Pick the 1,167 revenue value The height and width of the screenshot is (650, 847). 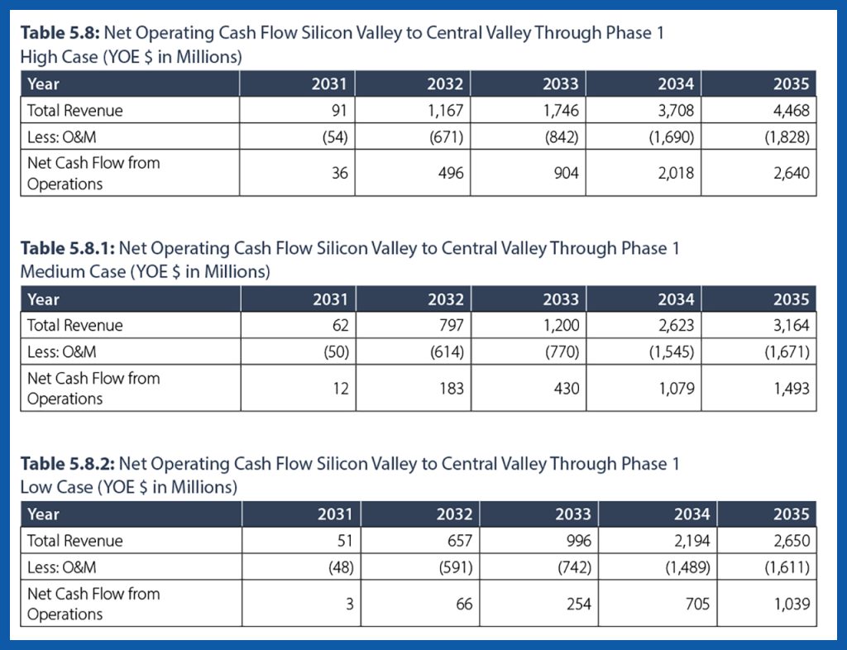point(446,110)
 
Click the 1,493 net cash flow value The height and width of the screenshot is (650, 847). point(792,389)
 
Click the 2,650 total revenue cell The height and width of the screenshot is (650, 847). point(792,541)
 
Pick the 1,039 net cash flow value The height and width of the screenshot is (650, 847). point(792,605)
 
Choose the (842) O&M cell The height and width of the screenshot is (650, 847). point(561,136)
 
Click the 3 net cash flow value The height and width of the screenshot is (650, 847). point(350,605)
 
